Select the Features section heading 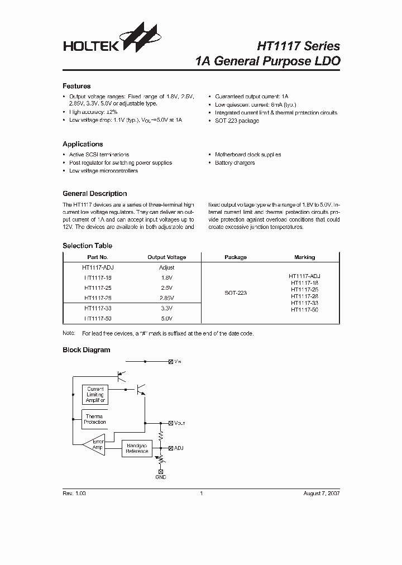[x=76, y=87]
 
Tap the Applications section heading [x=83, y=144]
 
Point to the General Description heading [x=94, y=194]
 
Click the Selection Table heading [x=87, y=246]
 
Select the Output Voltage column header [x=166, y=257]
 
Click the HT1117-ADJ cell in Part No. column [x=98, y=267]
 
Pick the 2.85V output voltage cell [x=166, y=298]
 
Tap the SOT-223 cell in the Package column [x=236, y=293]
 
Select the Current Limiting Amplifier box [x=95, y=395]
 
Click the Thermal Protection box [x=95, y=419]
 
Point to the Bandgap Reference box [x=137, y=448]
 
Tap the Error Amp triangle [x=93, y=444]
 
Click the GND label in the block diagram [x=161, y=477]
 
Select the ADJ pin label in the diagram [x=179, y=448]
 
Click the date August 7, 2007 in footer [x=321, y=494]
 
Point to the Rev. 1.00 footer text [x=74, y=494]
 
